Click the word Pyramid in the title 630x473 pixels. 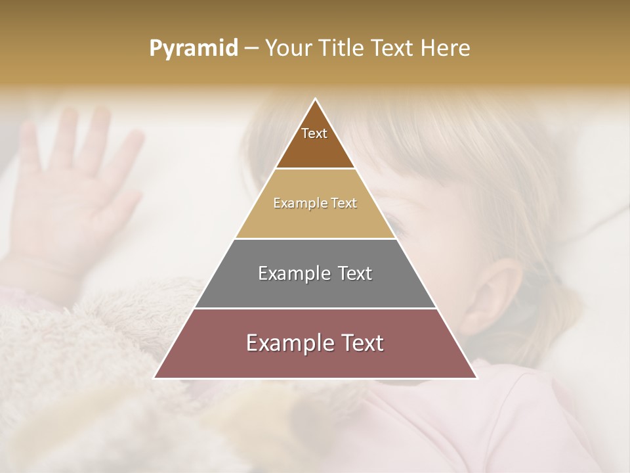[x=194, y=49]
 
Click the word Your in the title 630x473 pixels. [x=289, y=49]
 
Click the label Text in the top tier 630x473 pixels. [x=314, y=133]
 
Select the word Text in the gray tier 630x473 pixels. [x=354, y=273]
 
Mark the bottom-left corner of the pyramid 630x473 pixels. [x=155, y=378]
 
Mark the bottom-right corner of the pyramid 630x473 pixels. [x=476, y=378]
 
